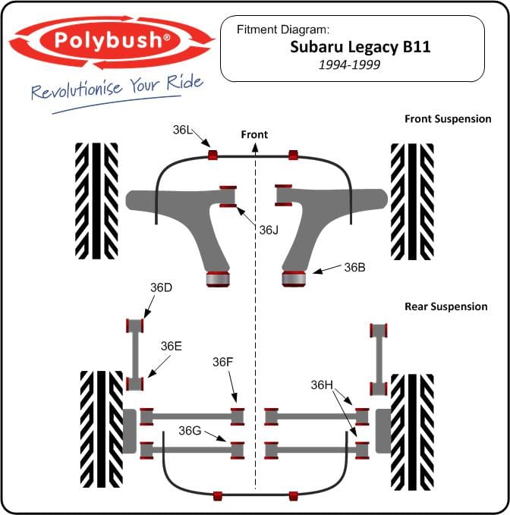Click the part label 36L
point(182,130)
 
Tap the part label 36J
point(269,230)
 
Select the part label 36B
point(355,267)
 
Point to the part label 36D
point(161,287)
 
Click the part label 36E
point(172,346)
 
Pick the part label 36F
point(223,362)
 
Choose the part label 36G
point(190,430)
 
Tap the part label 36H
point(322,385)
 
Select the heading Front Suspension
point(448,118)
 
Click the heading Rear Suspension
point(446,306)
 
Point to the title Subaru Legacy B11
point(360,46)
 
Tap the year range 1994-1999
point(349,64)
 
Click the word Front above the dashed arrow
point(254,134)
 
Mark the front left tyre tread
point(96,201)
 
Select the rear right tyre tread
point(412,432)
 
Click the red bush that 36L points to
point(212,155)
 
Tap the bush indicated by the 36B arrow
point(294,278)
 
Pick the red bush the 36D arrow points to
point(135,325)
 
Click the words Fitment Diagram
point(282,30)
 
